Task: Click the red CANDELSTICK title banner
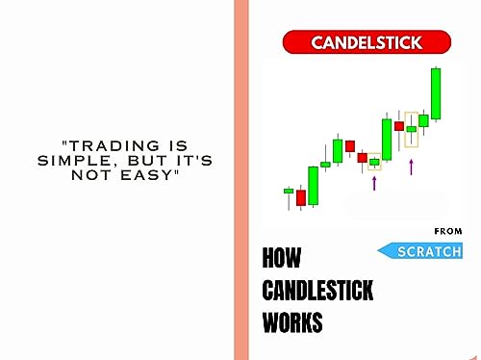point(367,42)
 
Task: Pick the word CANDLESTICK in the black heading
point(317,291)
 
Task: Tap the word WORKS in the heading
point(292,322)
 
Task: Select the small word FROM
point(448,231)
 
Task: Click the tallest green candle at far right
point(436,93)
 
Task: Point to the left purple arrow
point(374,182)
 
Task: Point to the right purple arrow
point(411,167)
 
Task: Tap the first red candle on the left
point(301,197)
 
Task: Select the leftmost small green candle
point(288,192)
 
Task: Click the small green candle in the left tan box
point(374,162)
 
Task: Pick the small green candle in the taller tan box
point(412,128)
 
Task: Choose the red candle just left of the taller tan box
point(399,125)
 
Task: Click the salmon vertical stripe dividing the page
point(240,180)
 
